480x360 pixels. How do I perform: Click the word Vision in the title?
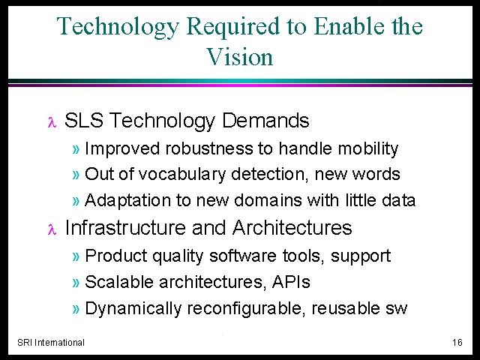tap(240, 57)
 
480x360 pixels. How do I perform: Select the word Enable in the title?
tap(349, 25)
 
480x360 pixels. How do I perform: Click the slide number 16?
tap(457, 342)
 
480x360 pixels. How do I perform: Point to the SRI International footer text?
tap(51, 342)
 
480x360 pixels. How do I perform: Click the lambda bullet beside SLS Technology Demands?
tap(52, 122)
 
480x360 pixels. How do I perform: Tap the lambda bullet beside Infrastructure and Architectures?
tap(52, 229)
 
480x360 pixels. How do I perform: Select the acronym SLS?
tap(83, 120)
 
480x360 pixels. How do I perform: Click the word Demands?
tap(265, 120)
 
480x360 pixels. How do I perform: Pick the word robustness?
tap(209, 148)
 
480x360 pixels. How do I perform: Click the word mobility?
tap(368, 149)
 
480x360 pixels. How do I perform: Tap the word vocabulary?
tap(182, 175)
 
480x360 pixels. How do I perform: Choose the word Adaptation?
tap(127, 201)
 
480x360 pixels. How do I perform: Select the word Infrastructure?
tap(125, 228)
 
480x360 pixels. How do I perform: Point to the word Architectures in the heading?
tap(292, 228)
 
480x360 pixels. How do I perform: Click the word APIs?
tap(291, 282)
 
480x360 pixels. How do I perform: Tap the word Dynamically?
tap(133, 308)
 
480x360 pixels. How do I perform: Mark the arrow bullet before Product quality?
tap(76, 256)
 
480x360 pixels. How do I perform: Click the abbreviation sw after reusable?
tap(397, 309)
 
